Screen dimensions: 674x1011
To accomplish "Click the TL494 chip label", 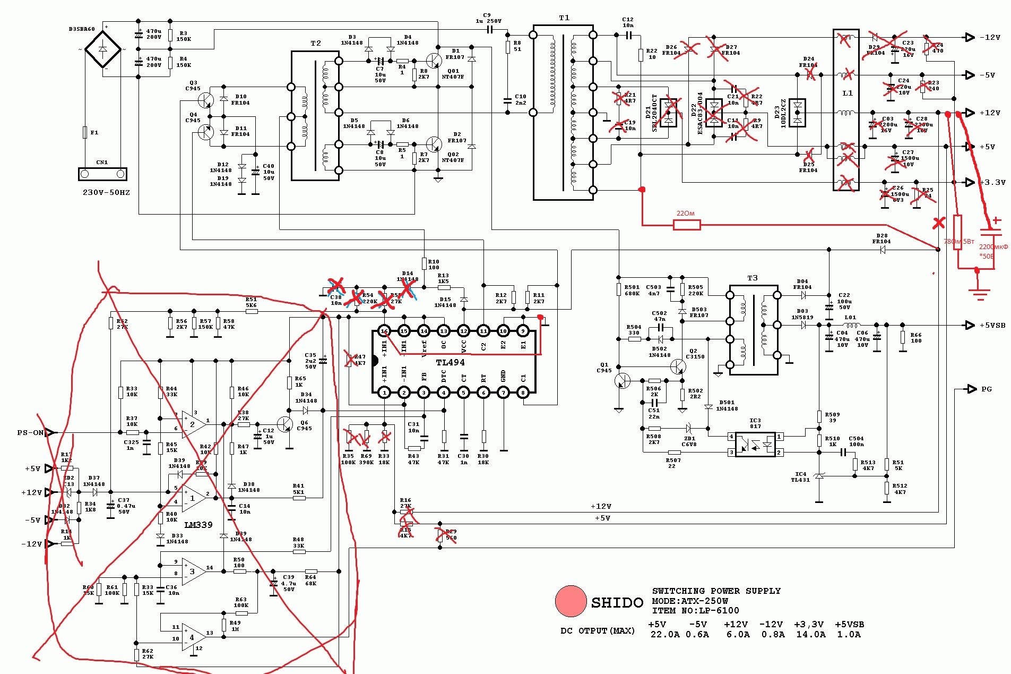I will (x=450, y=362).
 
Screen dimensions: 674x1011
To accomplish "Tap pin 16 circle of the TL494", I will (x=384, y=331).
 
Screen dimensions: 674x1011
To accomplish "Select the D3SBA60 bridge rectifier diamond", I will (x=103, y=49).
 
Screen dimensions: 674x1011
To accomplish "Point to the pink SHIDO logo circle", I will (x=571, y=601).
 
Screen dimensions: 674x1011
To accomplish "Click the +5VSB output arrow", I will (x=970, y=325).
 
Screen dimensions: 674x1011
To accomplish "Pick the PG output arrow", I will (x=972, y=389).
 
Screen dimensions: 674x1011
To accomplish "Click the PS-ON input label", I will (x=30, y=433).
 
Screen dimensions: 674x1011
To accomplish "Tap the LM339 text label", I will (x=198, y=525).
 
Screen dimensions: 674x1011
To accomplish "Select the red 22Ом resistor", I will (x=687, y=225).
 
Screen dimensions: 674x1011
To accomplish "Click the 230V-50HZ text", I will (x=106, y=192).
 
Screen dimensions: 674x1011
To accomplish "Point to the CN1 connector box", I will (x=102, y=174).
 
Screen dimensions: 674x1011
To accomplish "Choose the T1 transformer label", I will (x=564, y=18).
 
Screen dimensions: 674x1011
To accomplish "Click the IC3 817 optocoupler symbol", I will (x=755, y=445).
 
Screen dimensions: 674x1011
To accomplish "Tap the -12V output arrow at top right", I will (x=970, y=37).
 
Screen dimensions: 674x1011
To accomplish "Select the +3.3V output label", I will (x=992, y=182).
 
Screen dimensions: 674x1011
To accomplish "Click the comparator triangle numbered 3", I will (x=192, y=571).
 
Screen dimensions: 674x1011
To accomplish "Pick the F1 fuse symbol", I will (x=85, y=132).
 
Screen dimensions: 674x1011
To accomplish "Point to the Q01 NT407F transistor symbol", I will (x=434, y=61).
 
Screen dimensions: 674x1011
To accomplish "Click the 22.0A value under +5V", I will (x=664, y=634).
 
